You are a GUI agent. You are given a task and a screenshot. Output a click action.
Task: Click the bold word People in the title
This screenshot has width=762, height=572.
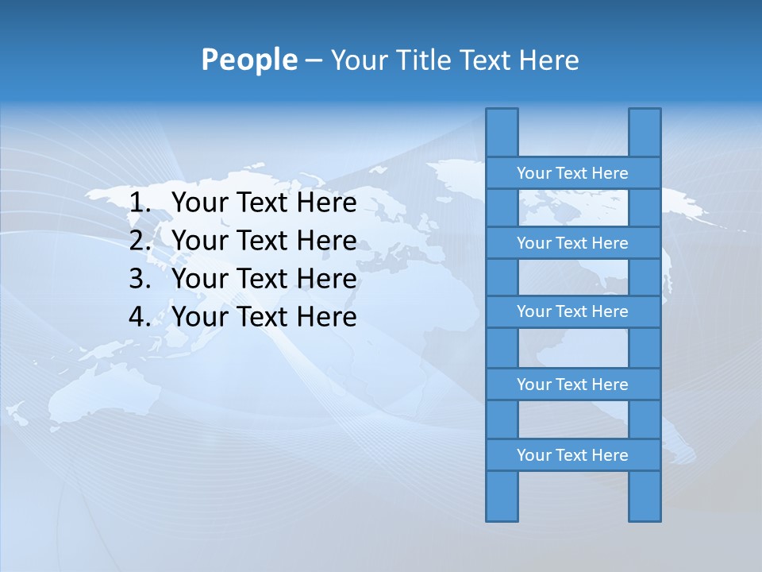click(248, 60)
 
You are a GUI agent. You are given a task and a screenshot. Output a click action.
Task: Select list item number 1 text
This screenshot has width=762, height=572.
click(264, 203)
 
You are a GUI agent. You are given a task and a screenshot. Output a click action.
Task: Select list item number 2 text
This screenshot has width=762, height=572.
click(264, 241)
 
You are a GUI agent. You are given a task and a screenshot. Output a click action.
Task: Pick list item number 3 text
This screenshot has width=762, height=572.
click(264, 279)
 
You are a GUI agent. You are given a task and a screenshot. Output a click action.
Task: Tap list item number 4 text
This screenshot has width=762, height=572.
click(264, 317)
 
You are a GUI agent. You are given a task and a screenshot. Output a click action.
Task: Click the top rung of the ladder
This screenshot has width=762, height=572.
click(572, 173)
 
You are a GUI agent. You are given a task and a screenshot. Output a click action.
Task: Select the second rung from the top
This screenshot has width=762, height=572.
click(572, 243)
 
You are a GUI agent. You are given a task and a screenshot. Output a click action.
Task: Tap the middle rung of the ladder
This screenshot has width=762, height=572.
click(572, 311)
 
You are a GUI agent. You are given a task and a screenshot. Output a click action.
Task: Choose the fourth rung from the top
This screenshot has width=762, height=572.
click(572, 385)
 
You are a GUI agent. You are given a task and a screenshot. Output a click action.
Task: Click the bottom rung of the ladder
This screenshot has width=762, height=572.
click(572, 455)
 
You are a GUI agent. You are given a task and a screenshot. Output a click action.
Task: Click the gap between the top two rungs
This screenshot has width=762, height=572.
click(572, 208)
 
